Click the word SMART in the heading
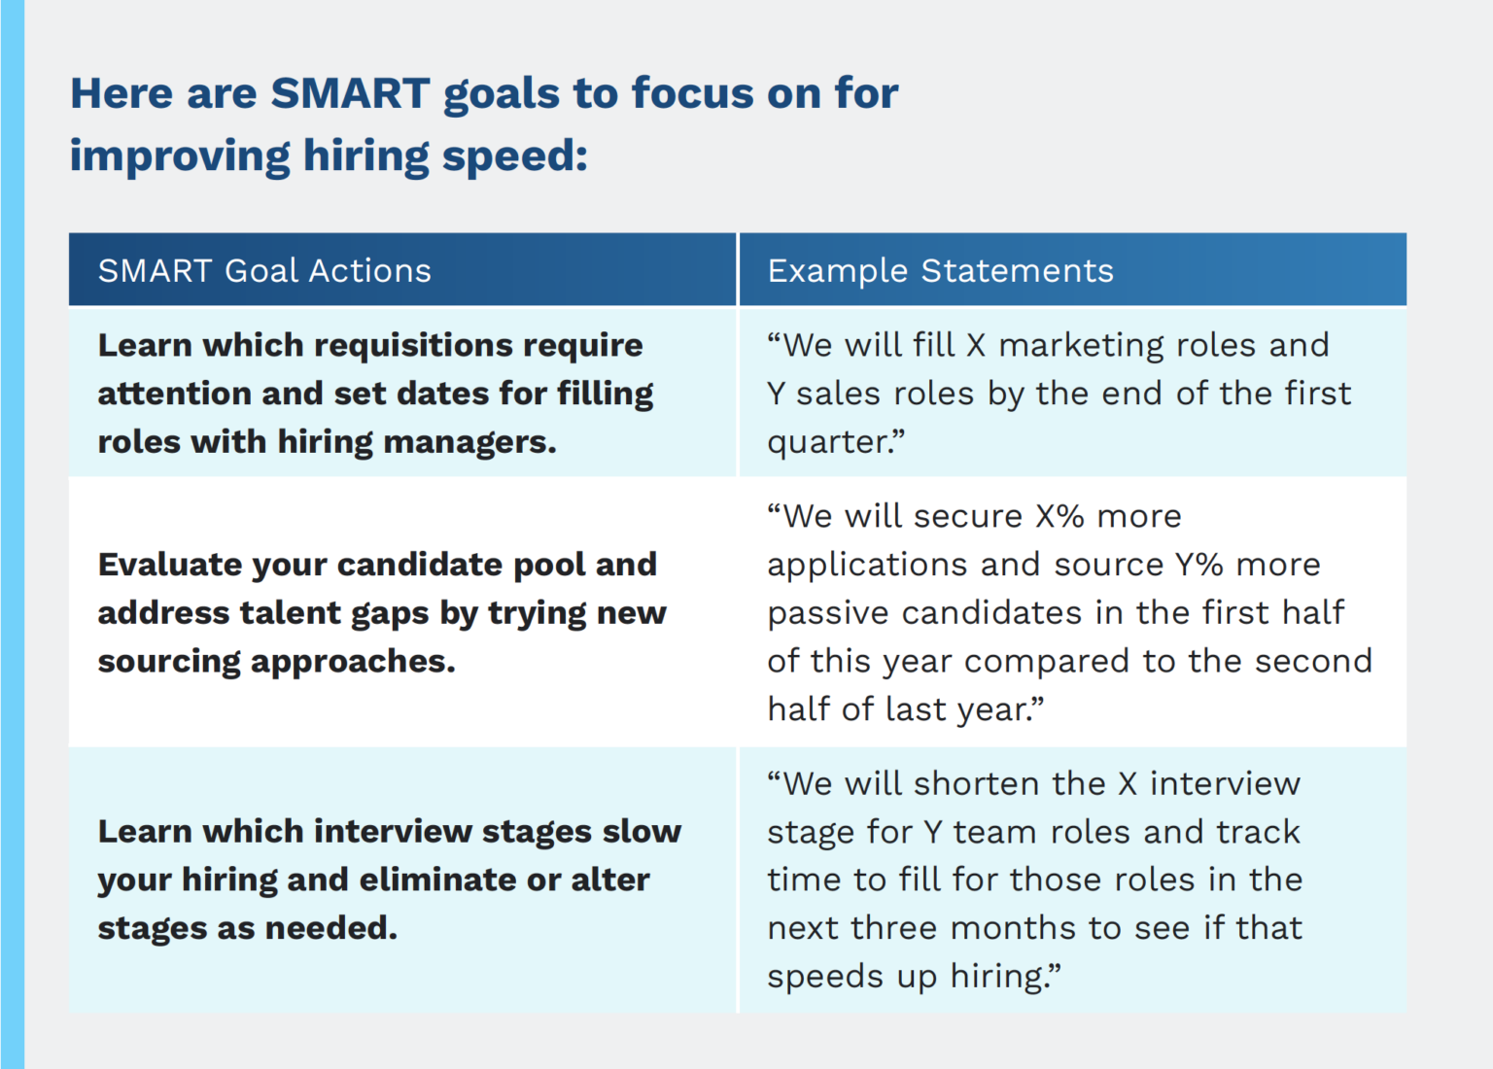tap(350, 93)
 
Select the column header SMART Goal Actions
tap(264, 270)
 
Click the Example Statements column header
tap(940, 270)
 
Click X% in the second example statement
tap(1059, 516)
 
